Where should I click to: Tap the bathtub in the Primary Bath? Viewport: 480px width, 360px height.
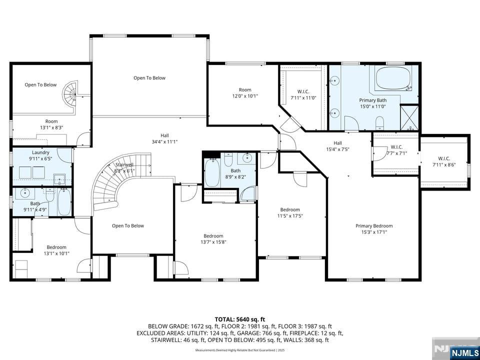click(392, 78)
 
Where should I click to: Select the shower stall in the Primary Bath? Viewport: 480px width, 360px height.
click(409, 117)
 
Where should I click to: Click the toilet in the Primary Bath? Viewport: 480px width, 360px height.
click(379, 122)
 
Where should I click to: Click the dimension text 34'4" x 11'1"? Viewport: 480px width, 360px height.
click(164, 142)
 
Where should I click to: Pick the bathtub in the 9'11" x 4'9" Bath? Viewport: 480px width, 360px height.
click(64, 202)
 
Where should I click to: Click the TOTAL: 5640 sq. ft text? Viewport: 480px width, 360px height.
click(239, 319)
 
